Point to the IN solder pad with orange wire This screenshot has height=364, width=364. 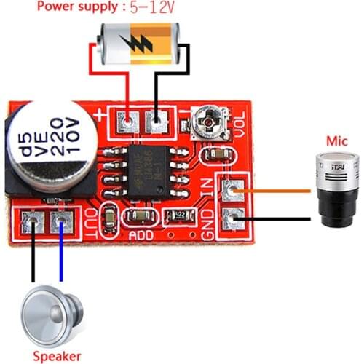click(x=233, y=192)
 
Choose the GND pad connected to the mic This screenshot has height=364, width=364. click(x=233, y=218)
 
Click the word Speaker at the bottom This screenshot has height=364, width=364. click(x=56, y=356)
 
